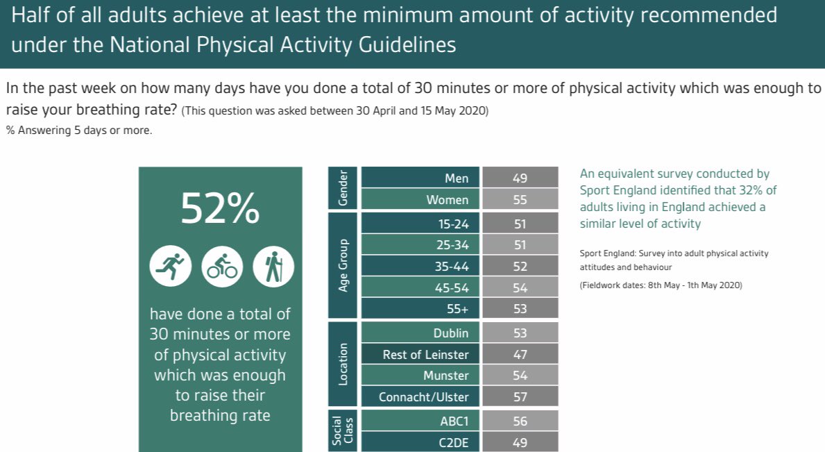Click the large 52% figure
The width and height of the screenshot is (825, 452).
[220, 208]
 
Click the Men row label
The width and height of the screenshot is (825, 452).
[457, 178]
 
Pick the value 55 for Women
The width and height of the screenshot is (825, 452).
[520, 200]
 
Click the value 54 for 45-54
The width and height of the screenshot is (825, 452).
[520, 287]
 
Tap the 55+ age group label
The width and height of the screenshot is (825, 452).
[457, 309]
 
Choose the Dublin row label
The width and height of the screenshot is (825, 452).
[451, 333]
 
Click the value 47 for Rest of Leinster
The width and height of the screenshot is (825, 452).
[520, 355]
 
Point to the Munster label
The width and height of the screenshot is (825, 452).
[446, 376]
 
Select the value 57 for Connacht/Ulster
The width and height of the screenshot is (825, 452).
[520, 397]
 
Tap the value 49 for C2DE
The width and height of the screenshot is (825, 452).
[520, 442]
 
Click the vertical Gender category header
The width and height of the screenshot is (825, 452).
[343, 188]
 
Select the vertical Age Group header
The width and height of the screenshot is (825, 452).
[343, 266]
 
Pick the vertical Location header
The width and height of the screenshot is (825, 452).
[343, 365]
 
